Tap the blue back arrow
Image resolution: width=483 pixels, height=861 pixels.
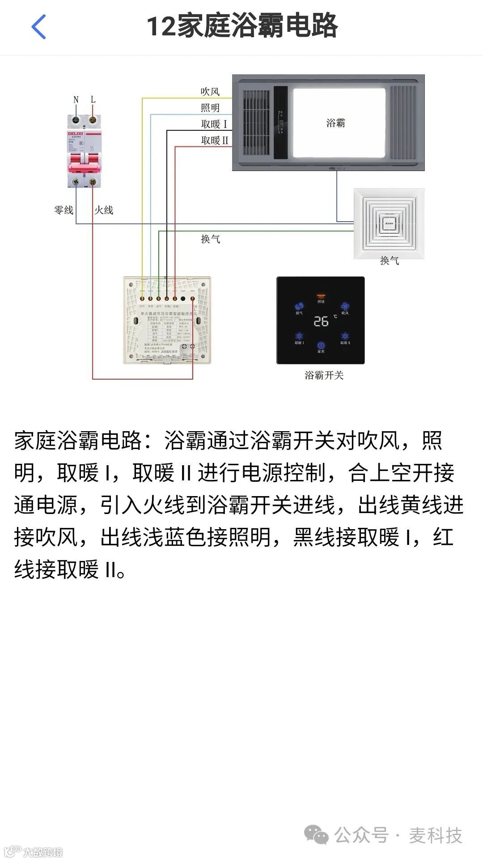[x=39, y=26]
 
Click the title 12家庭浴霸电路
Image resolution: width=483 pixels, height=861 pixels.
[x=242, y=26]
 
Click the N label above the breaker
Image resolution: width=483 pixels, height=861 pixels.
[x=76, y=99]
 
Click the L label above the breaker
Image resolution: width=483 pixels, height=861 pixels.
[x=93, y=99]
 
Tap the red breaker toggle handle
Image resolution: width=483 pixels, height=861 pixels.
[x=84, y=167]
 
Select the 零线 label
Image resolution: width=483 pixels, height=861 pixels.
[x=64, y=210]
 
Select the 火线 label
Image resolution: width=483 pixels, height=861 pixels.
[x=104, y=210]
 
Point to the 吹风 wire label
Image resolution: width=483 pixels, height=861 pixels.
[x=210, y=92]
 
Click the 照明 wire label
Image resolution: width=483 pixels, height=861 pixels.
[x=210, y=108]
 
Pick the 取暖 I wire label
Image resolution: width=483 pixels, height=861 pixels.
[x=214, y=124]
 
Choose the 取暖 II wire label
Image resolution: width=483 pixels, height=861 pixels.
[x=215, y=141]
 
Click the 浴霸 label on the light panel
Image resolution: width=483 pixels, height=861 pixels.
[x=335, y=123]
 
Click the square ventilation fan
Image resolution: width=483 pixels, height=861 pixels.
[x=389, y=223]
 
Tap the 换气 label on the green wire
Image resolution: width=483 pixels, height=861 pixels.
[x=210, y=239]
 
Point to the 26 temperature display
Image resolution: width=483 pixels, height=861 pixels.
[x=321, y=321]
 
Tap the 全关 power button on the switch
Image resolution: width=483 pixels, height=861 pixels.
[x=321, y=346]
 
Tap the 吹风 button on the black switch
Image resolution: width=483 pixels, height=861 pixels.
[x=345, y=307]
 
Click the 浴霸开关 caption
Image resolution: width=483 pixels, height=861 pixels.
[x=324, y=375]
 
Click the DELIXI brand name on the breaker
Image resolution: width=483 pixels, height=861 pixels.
[x=75, y=133]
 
